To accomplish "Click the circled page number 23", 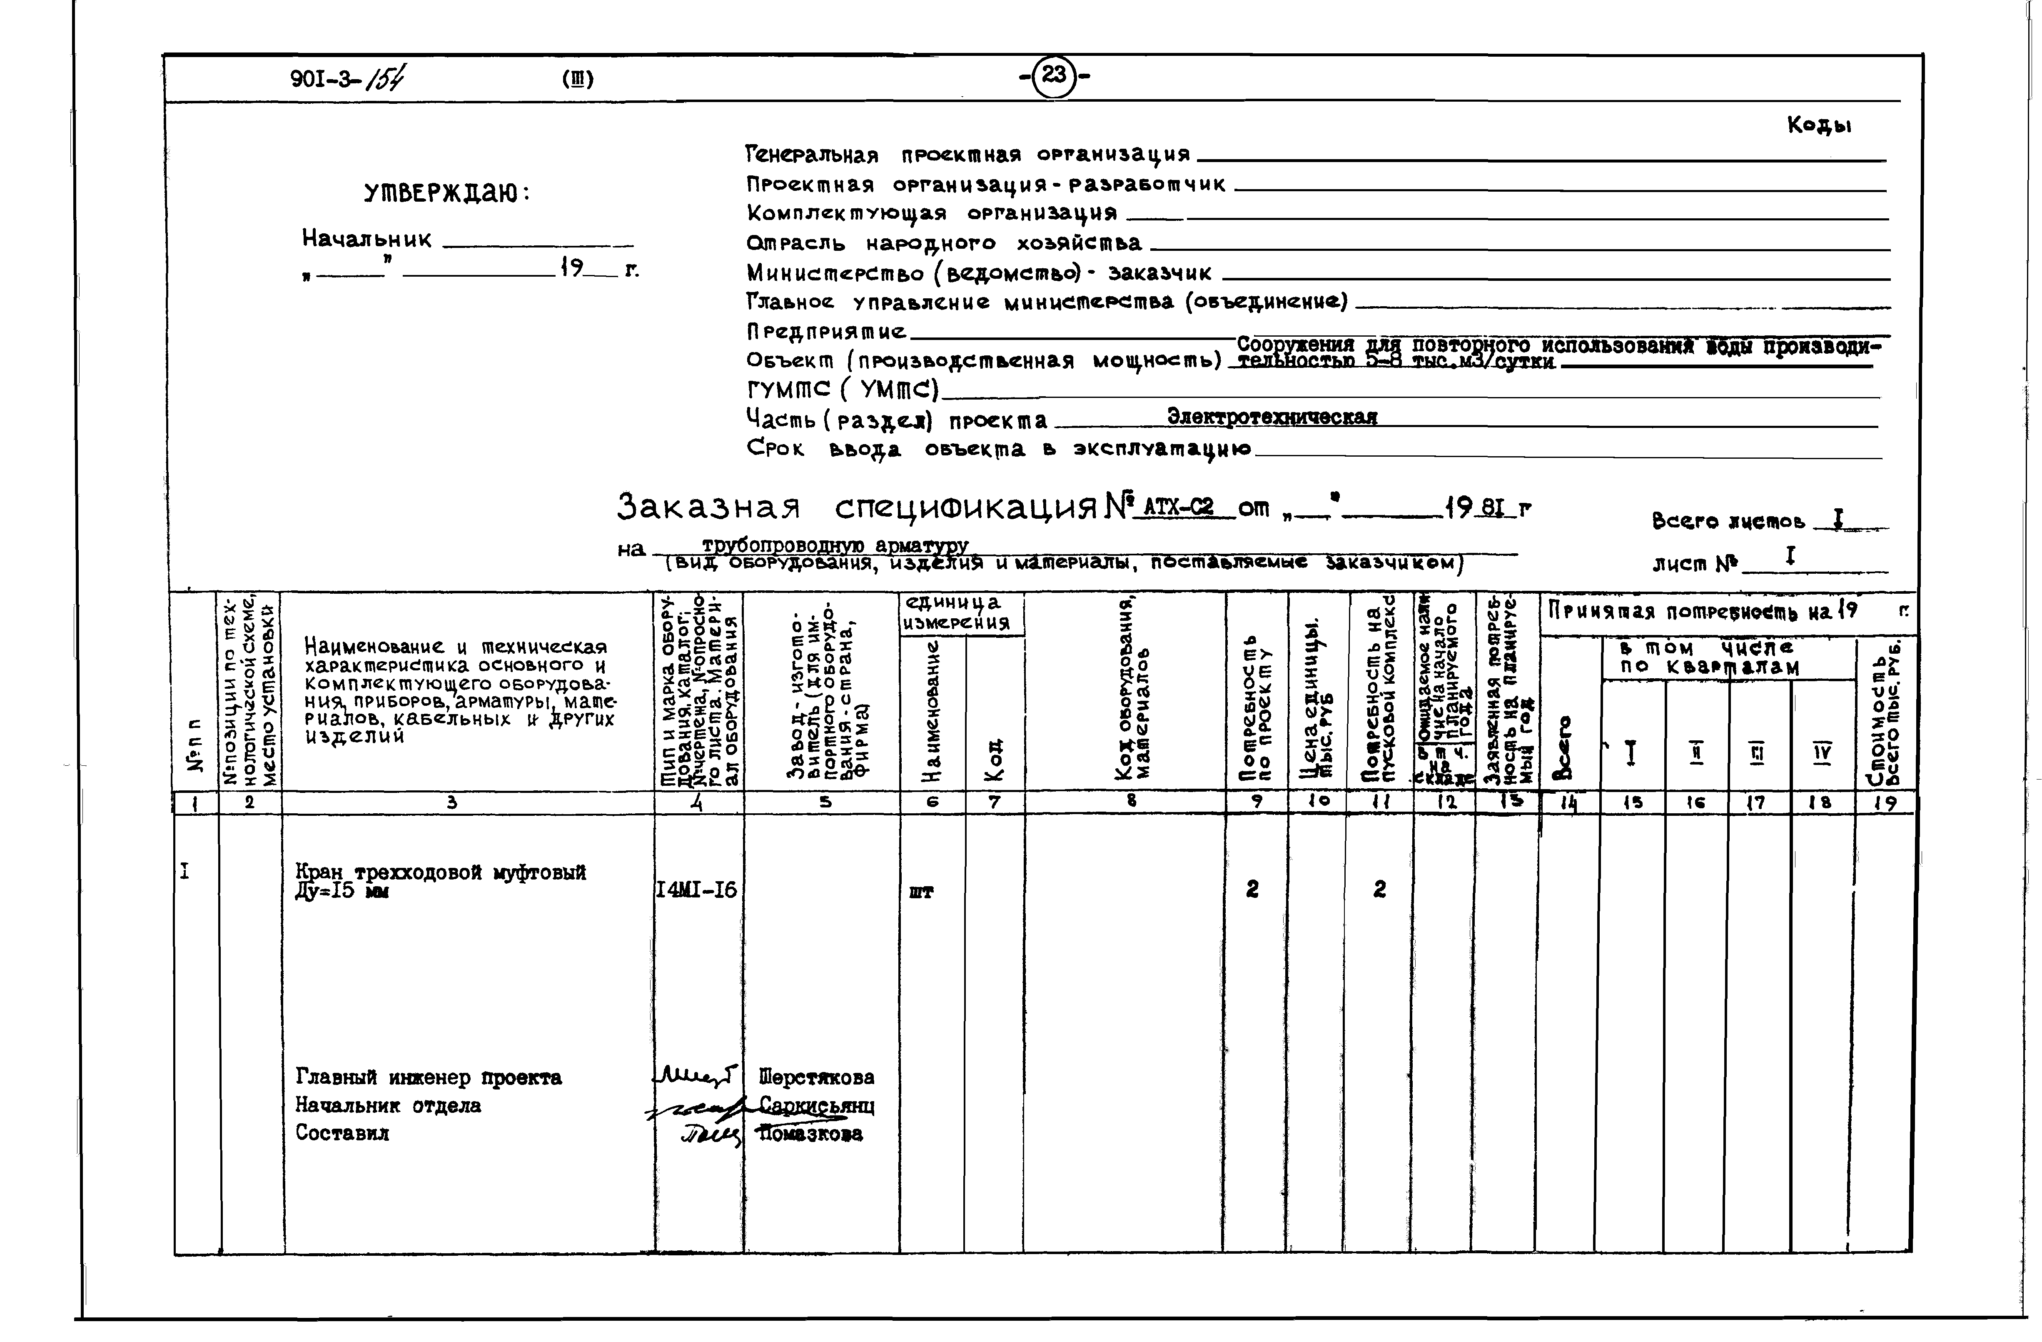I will (x=1054, y=75).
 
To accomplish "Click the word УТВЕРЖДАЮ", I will (x=446, y=193).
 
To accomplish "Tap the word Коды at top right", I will (x=1819, y=125).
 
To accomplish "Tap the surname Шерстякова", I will (x=817, y=1078).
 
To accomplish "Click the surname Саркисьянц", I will (x=817, y=1106).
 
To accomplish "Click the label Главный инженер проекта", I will (x=428, y=1078).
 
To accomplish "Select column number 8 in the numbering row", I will (x=1131, y=802).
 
